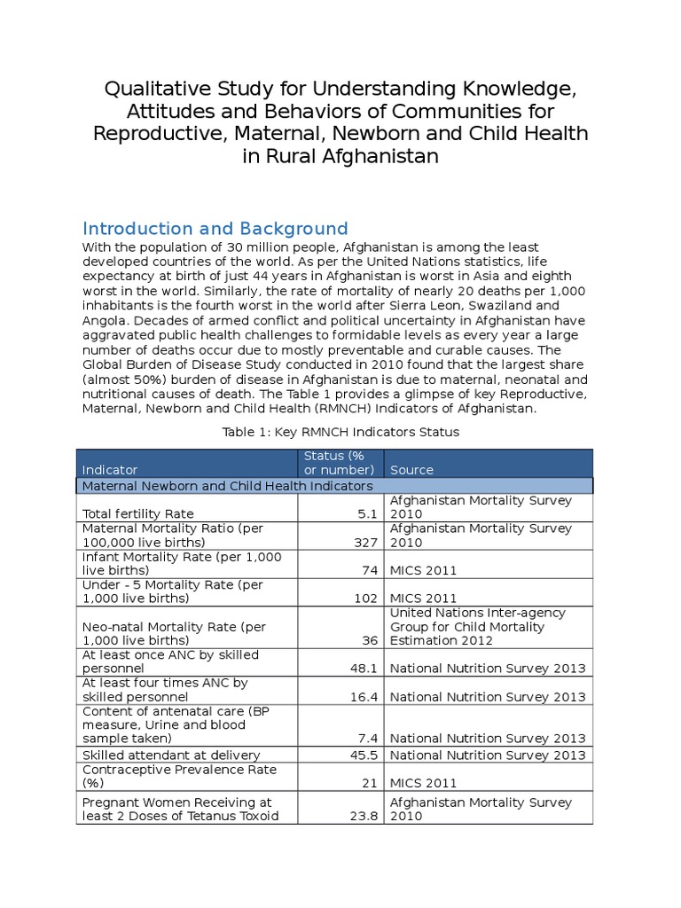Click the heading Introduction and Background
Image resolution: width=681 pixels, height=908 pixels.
215,229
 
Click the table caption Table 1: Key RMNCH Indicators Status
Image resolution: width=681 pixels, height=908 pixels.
340,432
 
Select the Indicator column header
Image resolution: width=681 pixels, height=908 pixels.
110,469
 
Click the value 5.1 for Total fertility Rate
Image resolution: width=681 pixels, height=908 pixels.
368,513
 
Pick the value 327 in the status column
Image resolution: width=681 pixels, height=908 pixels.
366,542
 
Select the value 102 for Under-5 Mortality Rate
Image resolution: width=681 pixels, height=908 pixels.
366,599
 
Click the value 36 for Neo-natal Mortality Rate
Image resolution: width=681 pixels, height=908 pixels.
370,640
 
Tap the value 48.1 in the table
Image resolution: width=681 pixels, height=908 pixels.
364,669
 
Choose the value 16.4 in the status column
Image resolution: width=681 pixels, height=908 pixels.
364,697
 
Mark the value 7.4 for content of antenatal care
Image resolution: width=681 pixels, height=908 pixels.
368,738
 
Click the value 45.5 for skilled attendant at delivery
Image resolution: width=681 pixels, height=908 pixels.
364,755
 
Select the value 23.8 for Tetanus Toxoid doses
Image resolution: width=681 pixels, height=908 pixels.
364,816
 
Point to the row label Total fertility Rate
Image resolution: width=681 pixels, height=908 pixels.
137,513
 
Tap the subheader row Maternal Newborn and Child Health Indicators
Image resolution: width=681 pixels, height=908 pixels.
227,486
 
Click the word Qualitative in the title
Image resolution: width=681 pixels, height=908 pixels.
155,89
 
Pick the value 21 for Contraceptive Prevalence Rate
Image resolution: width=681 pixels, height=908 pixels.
370,783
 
